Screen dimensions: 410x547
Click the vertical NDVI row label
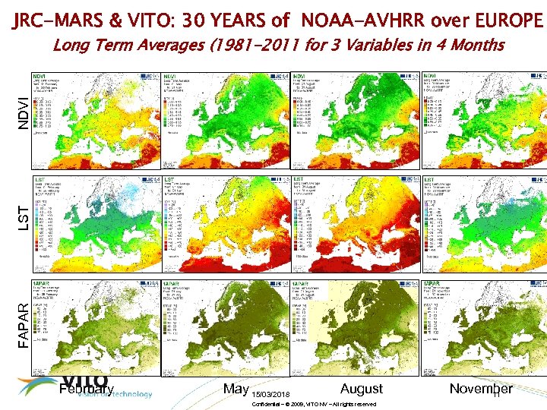pyautogui.click(x=23, y=110)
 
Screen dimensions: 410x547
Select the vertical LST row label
pyautogui.click(x=23, y=215)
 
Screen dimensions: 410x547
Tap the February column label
pyautogui.click(x=86, y=389)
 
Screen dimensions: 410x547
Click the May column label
pyautogui.click(x=236, y=389)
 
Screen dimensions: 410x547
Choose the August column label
pyautogui.click(x=362, y=389)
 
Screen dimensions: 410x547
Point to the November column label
pyautogui.click(x=481, y=389)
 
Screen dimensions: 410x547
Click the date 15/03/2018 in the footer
pyautogui.click(x=270, y=395)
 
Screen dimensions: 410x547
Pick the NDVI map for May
pyautogui.click(x=226, y=114)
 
